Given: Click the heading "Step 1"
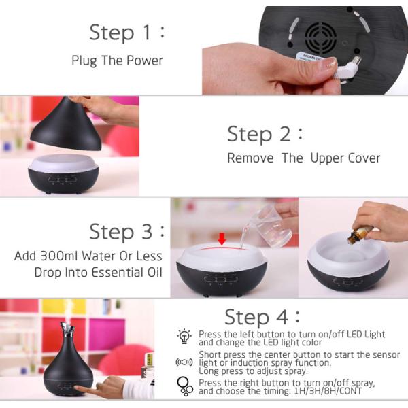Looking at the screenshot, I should pos(126,33).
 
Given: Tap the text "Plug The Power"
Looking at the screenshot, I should pos(117,61).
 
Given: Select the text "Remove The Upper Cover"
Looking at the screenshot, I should pos(303,158).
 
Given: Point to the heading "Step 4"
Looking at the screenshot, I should pos(262,317).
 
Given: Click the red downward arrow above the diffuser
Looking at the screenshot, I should pos(221,238).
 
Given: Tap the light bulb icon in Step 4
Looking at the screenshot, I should pos(184,336).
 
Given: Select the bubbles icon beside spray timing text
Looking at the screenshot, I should pos(185,387).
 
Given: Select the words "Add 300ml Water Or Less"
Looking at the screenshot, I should pos(88,256).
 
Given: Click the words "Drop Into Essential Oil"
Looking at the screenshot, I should pos(98,273).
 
